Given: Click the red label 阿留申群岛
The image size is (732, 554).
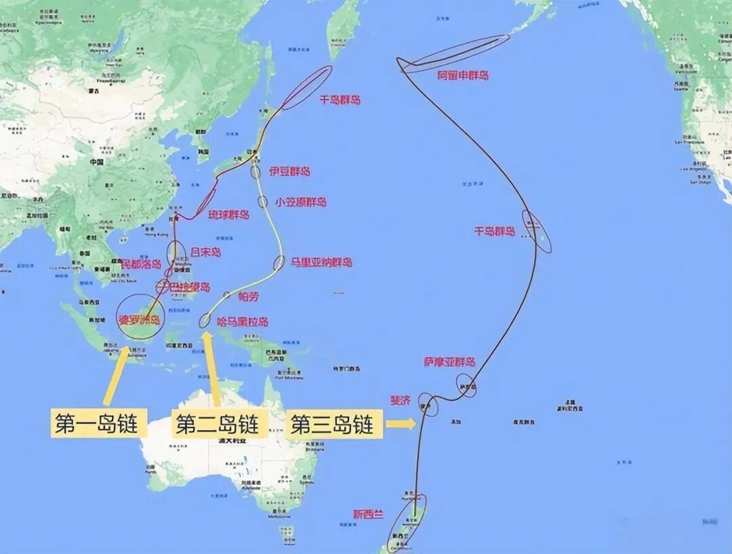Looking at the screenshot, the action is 463,75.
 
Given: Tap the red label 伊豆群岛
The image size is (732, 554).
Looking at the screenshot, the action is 289,171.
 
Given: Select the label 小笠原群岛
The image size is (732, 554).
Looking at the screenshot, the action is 301,202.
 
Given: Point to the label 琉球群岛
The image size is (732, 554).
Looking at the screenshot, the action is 228,215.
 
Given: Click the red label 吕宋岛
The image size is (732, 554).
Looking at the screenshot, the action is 205,252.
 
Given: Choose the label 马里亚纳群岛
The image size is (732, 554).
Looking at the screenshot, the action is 322,262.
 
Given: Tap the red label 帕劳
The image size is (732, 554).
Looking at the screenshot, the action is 249,296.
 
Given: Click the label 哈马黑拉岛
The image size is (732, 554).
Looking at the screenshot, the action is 243,321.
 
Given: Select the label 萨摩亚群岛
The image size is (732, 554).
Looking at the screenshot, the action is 449,362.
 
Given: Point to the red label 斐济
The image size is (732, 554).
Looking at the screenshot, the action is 401,400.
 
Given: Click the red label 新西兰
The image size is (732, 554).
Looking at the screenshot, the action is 368,514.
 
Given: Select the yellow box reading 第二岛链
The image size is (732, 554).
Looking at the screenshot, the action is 217,425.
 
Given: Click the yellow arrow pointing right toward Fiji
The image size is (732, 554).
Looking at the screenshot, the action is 401,425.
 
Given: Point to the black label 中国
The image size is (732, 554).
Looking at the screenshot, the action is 96,163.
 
